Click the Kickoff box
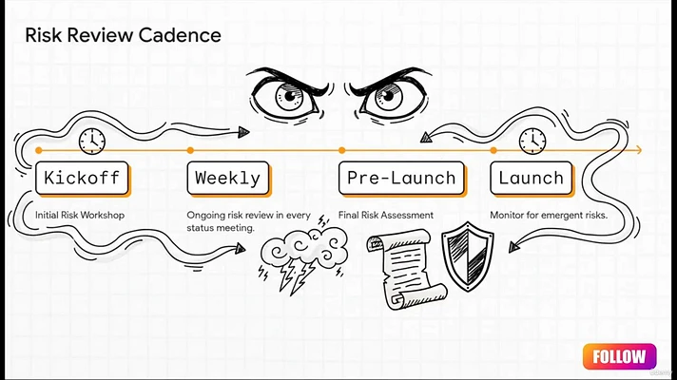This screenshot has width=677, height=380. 83,179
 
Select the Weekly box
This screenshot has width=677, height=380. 228,179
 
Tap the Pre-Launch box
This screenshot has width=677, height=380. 402,179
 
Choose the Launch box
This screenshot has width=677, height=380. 532,179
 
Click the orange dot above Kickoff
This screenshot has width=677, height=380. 39,150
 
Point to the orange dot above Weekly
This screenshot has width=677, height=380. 190,150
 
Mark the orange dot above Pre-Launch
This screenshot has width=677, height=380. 342,150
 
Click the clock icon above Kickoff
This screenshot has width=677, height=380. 92,141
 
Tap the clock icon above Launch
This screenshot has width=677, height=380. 532,141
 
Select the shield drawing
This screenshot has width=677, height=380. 468,256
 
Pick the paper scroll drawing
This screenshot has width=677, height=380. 406,270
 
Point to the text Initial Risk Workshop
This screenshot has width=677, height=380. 80,215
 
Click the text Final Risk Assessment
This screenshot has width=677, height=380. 386,215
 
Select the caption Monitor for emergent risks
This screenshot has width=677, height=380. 549,215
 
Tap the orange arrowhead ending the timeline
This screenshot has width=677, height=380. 639,150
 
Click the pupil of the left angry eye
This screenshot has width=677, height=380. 290,95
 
